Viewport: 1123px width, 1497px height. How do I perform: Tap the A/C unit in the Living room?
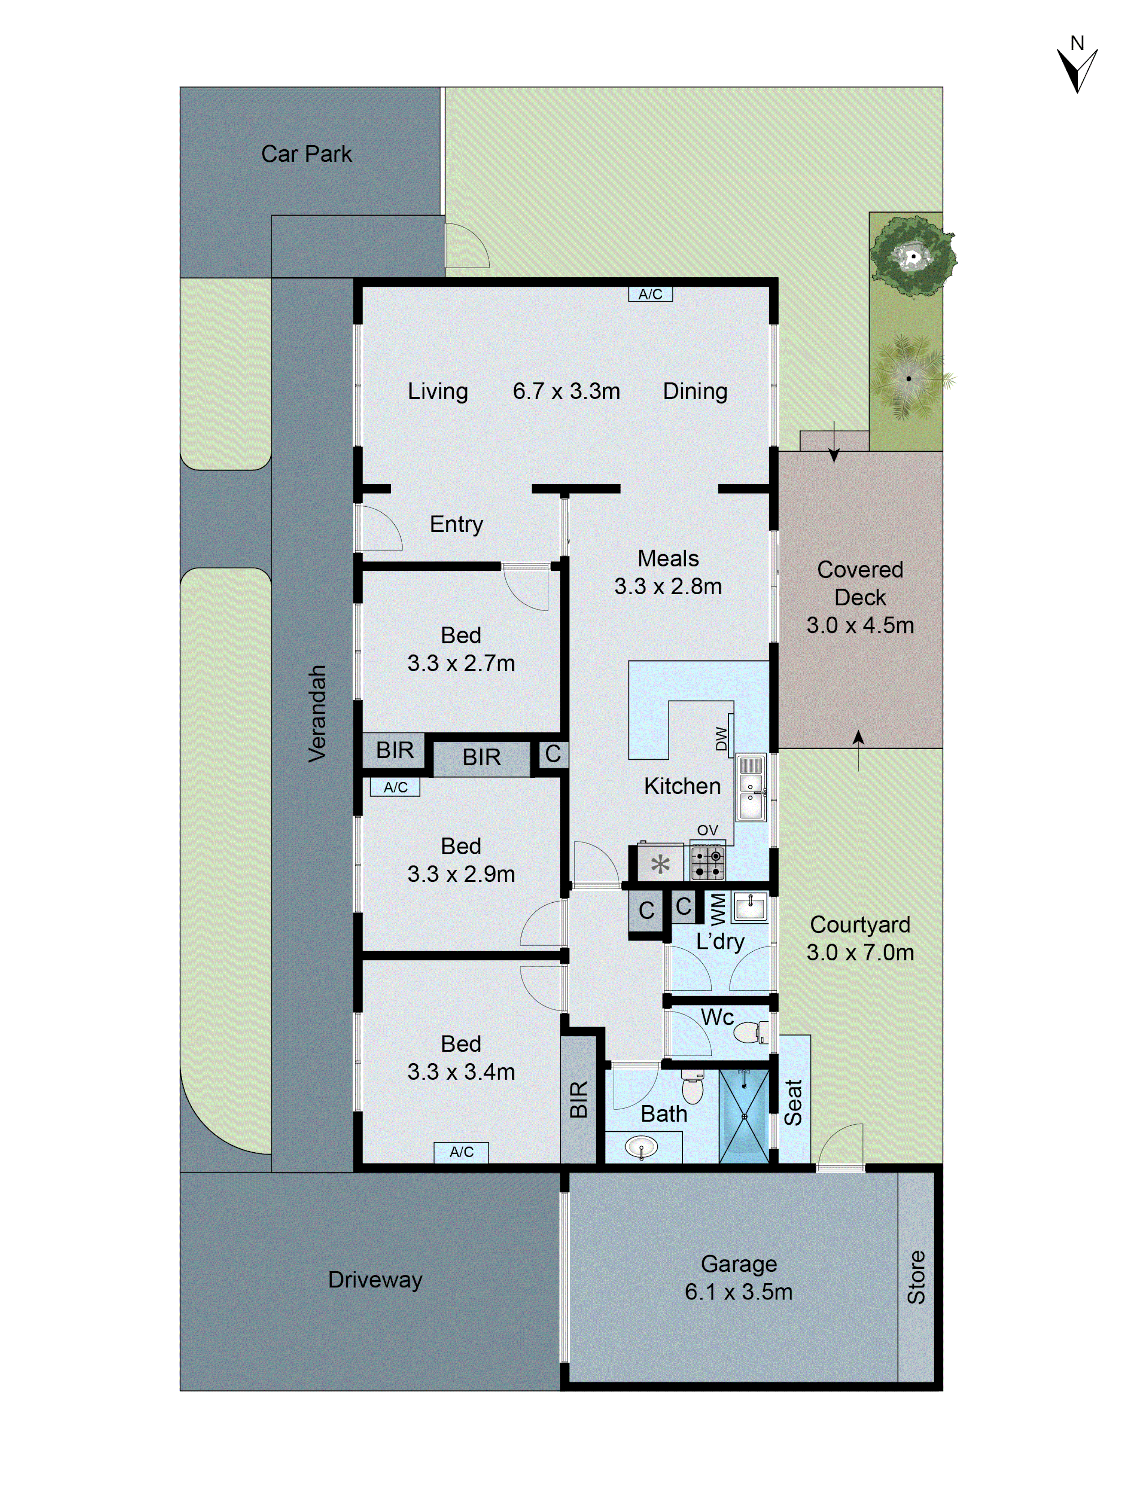coord(650,294)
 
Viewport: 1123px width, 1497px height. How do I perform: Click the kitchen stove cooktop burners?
coord(707,863)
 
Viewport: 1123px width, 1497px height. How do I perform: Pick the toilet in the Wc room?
coord(750,1033)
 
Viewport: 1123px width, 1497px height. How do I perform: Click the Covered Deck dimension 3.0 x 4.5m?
coord(860,625)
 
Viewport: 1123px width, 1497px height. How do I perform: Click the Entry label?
coord(456,524)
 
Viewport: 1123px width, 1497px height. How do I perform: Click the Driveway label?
coord(375,1280)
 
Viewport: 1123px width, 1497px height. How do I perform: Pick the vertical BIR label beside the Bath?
coord(578,1100)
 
